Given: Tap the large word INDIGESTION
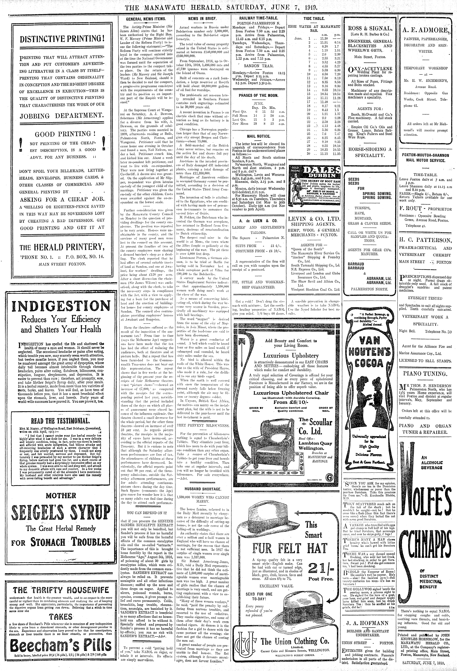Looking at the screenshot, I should (x=61, y=306).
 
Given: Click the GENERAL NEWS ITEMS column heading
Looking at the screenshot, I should (x=146, y=19).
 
